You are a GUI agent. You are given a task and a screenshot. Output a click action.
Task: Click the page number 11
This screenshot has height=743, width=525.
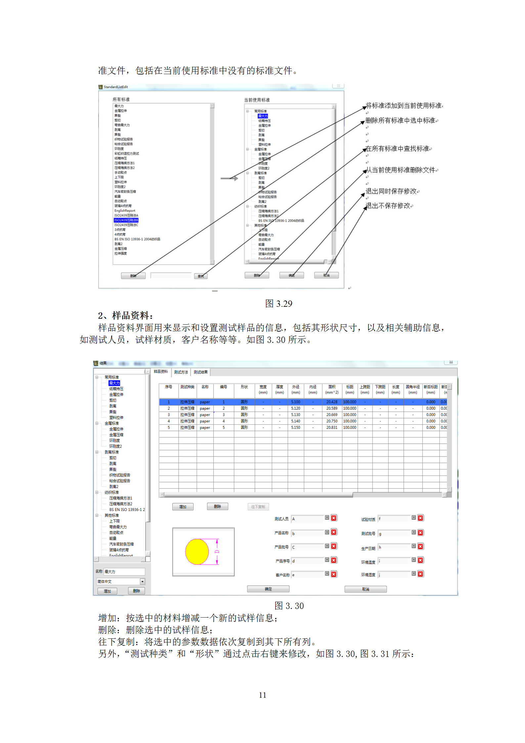[x=262, y=695]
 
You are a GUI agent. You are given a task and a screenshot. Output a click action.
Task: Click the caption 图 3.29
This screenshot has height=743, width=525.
[x=279, y=303]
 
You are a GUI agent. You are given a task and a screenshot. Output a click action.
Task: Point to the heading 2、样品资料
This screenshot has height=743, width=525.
[x=126, y=315]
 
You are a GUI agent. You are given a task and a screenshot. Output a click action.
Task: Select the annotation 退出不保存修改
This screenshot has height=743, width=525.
[x=388, y=206]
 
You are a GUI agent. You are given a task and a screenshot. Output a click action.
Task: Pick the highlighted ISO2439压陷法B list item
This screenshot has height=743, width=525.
[x=126, y=220]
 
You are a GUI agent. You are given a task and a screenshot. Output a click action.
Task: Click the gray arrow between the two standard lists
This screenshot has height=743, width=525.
[x=229, y=178]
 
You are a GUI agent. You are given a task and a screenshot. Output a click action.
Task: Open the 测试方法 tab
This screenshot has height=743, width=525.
[x=181, y=372]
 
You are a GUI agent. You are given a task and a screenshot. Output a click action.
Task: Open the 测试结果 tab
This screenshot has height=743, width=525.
[x=201, y=372]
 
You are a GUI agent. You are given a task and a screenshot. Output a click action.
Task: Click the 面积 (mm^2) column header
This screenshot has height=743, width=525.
[x=332, y=389]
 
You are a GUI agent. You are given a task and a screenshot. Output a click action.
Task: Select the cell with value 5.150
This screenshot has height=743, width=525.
[x=295, y=428]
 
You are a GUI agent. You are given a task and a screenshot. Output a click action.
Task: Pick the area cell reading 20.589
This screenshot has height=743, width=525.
[x=332, y=408]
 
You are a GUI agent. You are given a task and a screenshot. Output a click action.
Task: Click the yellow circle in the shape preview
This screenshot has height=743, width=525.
[x=197, y=551]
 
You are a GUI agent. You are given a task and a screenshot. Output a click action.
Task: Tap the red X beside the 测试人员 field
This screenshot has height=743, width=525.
[x=334, y=518]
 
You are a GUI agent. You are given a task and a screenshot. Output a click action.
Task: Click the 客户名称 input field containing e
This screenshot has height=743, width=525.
[x=307, y=575]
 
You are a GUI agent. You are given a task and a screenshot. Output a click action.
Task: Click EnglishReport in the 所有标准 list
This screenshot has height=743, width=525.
[x=125, y=211]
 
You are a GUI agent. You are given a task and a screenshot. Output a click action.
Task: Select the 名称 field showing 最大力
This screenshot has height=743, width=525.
[x=124, y=572]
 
